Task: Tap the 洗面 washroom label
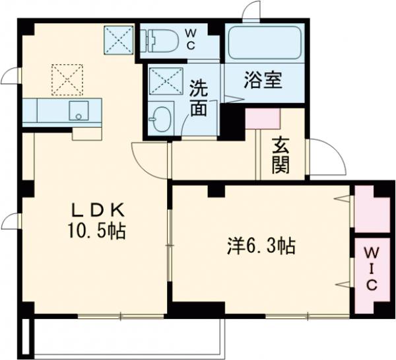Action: coord(199,98)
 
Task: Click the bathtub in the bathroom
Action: coord(263,44)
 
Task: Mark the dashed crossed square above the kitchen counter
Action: coord(67,79)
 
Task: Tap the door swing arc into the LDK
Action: coord(147,159)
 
